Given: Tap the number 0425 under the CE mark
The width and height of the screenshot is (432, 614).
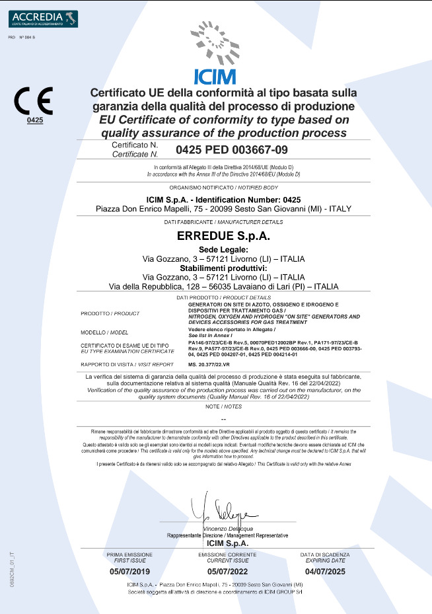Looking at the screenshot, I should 34,120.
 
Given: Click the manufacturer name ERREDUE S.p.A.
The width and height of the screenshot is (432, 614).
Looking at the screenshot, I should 215,235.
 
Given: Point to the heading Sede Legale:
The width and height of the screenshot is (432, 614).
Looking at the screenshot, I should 215,249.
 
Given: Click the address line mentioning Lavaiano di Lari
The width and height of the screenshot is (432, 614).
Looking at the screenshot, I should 223,287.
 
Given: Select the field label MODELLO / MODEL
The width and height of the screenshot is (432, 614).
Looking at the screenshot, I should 104,332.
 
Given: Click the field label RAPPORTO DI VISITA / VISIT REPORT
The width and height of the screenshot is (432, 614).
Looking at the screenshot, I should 127,364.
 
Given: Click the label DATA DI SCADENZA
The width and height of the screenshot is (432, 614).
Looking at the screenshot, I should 325,554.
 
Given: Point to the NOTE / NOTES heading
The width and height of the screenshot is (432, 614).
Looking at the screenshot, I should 223,406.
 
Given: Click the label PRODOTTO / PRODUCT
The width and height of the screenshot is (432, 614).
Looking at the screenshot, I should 110,313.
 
